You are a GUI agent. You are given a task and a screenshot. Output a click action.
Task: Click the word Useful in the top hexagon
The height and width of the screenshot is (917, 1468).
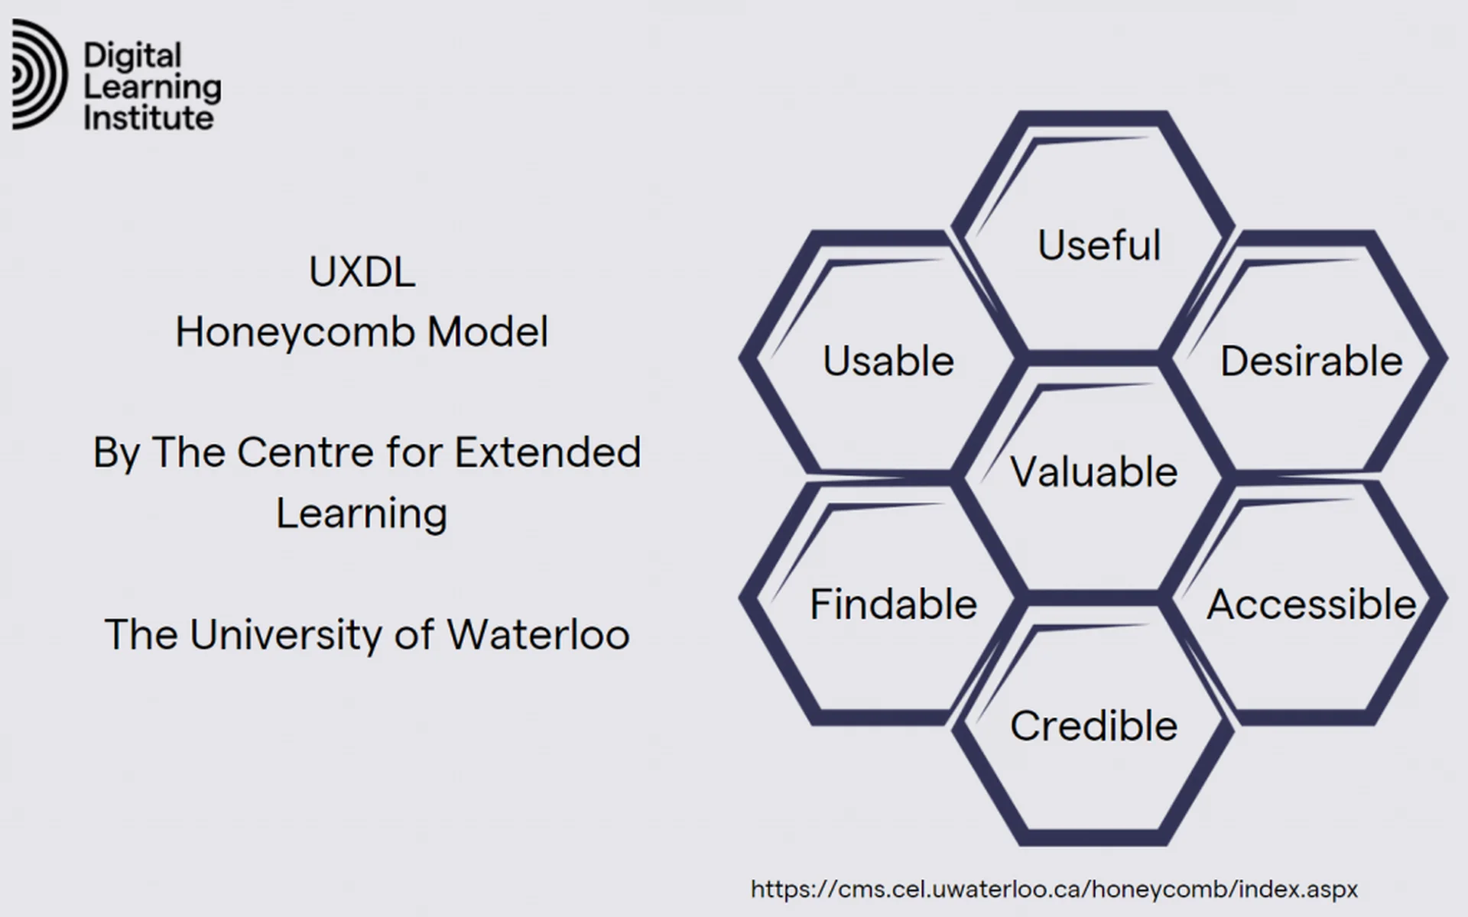click(x=1099, y=245)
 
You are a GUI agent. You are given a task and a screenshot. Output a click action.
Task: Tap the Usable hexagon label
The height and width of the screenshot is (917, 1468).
click(x=888, y=361)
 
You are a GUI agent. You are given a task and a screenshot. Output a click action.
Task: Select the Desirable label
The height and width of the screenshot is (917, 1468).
click(x=1311, y=361)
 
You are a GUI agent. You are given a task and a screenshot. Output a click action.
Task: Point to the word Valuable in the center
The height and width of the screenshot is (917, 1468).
click(x=1094, y=471)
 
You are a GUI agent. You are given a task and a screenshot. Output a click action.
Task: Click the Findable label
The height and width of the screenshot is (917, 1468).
click(x=893, y=604)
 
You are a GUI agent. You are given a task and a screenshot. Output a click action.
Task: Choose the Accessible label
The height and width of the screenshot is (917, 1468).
click(x=1312, y=604)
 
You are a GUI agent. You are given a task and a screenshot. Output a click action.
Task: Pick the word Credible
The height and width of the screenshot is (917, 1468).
click(x=1094, y=725)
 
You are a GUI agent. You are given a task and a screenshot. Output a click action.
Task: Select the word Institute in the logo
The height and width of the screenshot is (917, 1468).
click(x=148, y=118)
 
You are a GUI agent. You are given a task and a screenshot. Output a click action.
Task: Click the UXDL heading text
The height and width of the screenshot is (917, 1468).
click(x=362, y=271)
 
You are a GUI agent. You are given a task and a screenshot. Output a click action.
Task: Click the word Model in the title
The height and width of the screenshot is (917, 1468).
click(x=488, y=332)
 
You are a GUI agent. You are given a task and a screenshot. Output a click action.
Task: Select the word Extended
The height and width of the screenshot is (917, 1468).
click(x=547, y=452)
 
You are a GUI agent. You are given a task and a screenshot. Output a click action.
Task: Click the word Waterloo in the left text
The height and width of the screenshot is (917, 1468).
click(x=538, y=634)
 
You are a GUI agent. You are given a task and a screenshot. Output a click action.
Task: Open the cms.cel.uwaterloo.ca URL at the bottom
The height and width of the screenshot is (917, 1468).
click(x=1054, y=889)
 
